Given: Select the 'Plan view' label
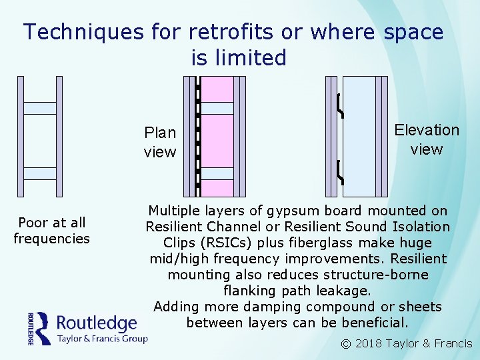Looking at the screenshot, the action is (160, 142).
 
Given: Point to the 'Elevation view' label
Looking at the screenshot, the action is (427, 139).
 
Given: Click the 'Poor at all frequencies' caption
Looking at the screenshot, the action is (51, 230).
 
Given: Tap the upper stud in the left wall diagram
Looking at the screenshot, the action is (39, 108).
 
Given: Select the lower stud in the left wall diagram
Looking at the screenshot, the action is (39, 173).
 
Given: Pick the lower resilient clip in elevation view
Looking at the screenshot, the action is (340, 172).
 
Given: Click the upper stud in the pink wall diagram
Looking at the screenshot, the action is (217, 108).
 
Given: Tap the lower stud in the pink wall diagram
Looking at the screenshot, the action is (217, 173).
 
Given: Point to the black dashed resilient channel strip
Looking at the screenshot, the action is (198, 133).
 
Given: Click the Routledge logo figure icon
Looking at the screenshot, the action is (42, 328).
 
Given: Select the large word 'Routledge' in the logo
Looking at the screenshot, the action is (97, 323).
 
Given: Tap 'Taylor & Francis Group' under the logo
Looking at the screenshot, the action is (101, 338).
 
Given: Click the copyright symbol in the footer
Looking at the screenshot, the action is (345, 344).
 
